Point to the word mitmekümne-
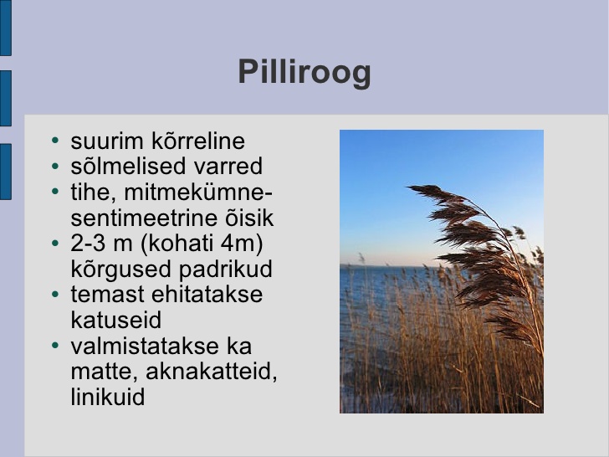198,192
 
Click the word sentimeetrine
140,218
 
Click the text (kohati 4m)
202,244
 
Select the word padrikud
225,270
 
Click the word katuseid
115,321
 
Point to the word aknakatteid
212,372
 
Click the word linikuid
108,397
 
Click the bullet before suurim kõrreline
55,141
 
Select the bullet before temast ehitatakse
55,294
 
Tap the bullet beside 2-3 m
55,243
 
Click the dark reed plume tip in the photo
408,187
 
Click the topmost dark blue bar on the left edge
5,28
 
